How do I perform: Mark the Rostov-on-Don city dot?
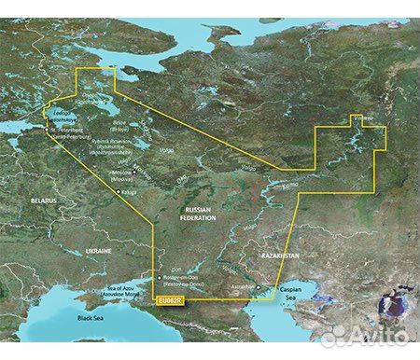pyautogui.click(x=155, y=276)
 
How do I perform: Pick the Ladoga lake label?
pyautogui.click(x=57, y=113)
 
